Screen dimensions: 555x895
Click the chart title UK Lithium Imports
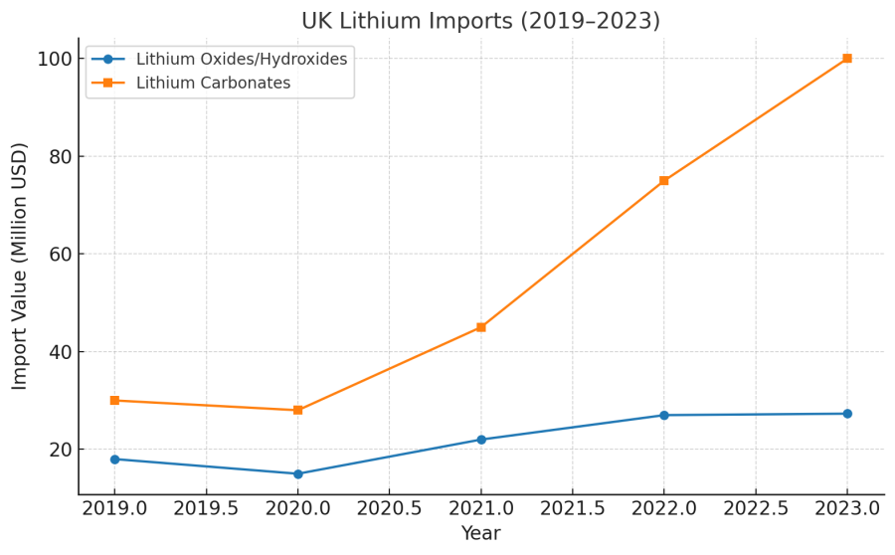[480, 21]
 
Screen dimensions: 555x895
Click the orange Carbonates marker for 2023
[847, 59]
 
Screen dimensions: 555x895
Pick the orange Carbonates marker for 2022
[664, 181]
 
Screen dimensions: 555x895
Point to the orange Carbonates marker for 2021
[481, 327]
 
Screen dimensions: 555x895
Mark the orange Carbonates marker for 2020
[297, 410]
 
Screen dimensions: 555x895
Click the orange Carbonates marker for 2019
[114, 400]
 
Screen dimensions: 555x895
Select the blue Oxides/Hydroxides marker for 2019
[114, 460]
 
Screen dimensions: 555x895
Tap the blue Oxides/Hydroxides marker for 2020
[297, 473]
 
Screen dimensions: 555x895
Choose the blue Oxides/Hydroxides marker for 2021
[481, 440]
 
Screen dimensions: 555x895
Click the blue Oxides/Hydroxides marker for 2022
[664, 415]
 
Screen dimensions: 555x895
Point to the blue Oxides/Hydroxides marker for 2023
[847, 414]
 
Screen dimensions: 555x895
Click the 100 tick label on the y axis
[55, 59]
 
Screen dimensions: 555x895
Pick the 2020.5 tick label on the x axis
[389, 508]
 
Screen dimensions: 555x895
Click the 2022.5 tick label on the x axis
[756, 508]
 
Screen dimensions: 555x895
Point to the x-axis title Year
[480, 534]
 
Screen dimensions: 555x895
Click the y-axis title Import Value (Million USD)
[21, 266]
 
